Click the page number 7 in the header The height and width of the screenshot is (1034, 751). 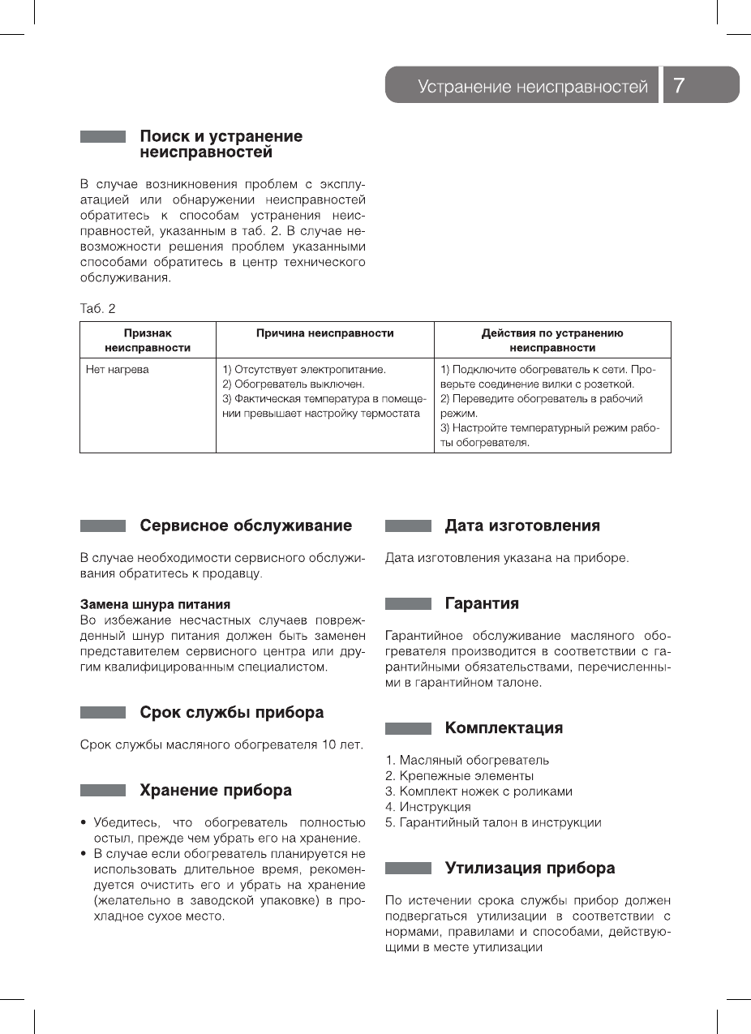(x=680, y=85)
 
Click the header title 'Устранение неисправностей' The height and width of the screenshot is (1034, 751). (x=533, y=86)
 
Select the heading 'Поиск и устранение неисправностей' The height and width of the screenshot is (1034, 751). (x=221, y=144)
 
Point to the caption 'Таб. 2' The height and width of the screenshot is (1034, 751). (x=98, y=308)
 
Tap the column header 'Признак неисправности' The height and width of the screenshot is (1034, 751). (x=148, y=340)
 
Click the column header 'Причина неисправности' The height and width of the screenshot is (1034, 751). (x=325, y=333)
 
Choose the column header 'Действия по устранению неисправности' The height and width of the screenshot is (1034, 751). (x=552, y=340)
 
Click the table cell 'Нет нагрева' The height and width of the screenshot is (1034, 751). (x=118, y=370)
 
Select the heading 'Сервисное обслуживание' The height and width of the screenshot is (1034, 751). (x=246, y=526)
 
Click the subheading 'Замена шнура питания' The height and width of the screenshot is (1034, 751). (x=155, y=604)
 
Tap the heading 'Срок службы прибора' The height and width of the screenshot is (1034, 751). (x=231, y=713)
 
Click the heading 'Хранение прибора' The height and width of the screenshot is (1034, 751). (x=216, y=791)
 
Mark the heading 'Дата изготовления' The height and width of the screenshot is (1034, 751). (x=522, y=526)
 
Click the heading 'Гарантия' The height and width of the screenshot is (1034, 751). (x=482, y=603)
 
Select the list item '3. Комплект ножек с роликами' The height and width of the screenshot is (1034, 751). (x=478, y=792)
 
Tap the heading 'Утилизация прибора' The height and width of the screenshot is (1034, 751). (x=530, y=869)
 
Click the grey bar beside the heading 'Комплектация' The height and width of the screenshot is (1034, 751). (x=408, y=728)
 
